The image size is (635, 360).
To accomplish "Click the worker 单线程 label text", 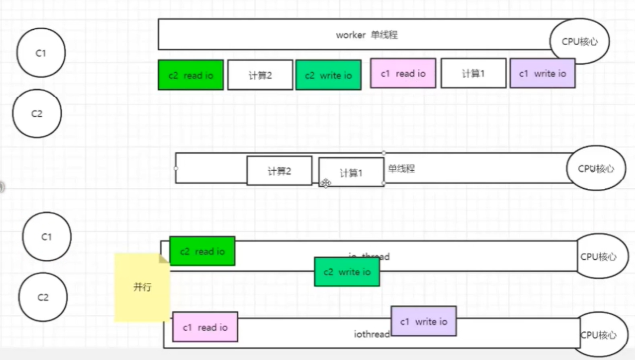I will (366, 35).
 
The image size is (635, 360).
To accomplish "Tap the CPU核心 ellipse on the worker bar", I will (579, 42).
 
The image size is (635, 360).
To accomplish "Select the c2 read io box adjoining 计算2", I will (190, 75).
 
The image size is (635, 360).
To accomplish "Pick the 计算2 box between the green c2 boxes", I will (260, 75).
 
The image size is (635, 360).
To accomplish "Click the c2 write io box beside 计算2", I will (328, 75).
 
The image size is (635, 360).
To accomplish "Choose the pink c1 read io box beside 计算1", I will (403, 74).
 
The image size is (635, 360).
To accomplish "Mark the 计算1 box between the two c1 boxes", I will (473, 74).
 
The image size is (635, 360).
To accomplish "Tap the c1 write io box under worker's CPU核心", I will (542, 74).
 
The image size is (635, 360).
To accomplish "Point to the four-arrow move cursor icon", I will (326, 183).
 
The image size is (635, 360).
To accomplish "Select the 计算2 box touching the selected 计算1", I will (279, 171).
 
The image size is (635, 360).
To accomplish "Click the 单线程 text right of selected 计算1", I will (401, 169).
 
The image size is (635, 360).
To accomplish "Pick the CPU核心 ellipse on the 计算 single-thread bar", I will (596, 169).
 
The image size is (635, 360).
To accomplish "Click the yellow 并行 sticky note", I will (142, 287).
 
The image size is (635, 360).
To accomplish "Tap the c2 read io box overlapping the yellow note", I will (202, 251).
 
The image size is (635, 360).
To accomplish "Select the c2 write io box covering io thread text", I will (347, 272).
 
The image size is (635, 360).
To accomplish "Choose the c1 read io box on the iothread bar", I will (205, 327).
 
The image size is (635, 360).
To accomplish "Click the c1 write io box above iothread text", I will (423, 321).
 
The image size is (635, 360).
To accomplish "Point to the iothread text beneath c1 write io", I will (372, 335).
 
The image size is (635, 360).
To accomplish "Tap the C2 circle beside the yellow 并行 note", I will (43, 297).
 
